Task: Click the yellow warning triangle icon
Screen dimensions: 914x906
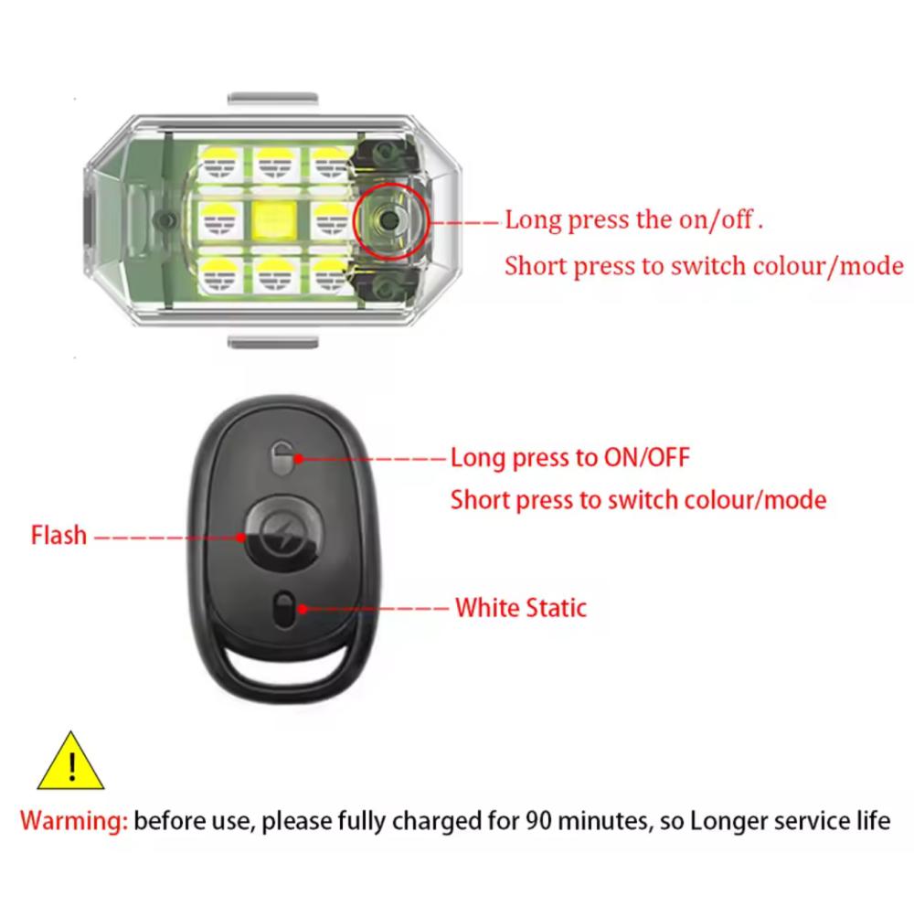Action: click(70, 762)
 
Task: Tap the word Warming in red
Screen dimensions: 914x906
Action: click(73, 821)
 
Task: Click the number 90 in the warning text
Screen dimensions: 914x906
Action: click(538, 820)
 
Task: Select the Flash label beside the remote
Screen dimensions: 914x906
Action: click(58, 535)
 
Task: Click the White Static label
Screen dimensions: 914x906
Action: click(521, 607)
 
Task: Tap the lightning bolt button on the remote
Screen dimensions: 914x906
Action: click(282, 533)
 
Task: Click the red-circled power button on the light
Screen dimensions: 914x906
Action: click(390, 220)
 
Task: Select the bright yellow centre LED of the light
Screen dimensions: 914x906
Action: click(275, 219)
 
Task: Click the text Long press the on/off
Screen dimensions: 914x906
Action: click(634, 220)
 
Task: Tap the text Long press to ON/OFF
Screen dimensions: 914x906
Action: click(570, 458)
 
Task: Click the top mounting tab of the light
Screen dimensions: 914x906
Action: click(272, 99)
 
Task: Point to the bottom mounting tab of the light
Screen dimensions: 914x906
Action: click(272, 342)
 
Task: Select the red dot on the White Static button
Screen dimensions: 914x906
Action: click(303, 609)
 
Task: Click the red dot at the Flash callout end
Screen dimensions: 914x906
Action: click(240, 538)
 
